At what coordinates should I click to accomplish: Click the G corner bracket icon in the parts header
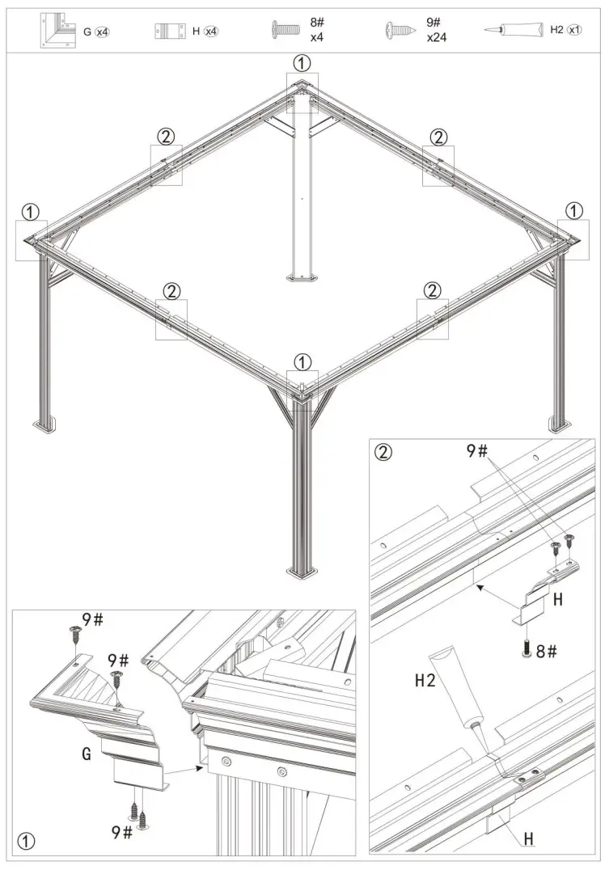click(56, 30)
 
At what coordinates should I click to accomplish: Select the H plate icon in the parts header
click(166, 31)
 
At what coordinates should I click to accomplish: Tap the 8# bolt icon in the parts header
click(285, 31)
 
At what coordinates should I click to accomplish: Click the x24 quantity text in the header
click(438, 37)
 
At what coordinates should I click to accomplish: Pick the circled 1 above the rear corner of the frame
click(301, 62)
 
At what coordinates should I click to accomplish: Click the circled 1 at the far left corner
click(29, 211)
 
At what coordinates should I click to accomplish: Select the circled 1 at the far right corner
click(573, 210)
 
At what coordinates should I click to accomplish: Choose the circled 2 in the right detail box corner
click(384, 451)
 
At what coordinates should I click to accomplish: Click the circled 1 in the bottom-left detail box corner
click(27, 841)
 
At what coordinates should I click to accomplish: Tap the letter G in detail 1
click(86, 754)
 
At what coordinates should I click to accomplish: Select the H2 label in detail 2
click(426, 681)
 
